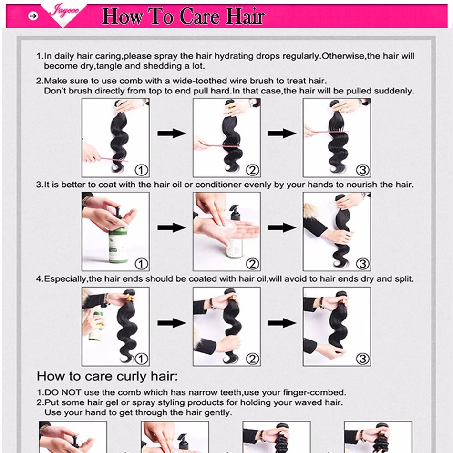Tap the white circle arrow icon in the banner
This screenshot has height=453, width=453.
coord(33,16)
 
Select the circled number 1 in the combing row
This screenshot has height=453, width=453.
coord(141,170)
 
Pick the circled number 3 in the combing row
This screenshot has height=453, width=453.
coord(362,170)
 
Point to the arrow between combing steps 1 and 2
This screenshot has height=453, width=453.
coord(172,133)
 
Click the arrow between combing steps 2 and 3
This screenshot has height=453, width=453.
coord(282,133)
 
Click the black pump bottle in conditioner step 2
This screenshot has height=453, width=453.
coord(236,213)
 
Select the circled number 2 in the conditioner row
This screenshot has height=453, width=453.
coord(252,264)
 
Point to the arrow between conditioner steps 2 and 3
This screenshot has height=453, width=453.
coord(282,227)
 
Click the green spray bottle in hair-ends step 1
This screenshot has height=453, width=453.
coord(96,326)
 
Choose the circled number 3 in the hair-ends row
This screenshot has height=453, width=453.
coord(362,359)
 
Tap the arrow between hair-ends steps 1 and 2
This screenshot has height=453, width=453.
coord(172,323)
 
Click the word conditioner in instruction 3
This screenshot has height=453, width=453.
coord(218,185)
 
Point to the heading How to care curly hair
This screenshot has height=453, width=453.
coord(107,376)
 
